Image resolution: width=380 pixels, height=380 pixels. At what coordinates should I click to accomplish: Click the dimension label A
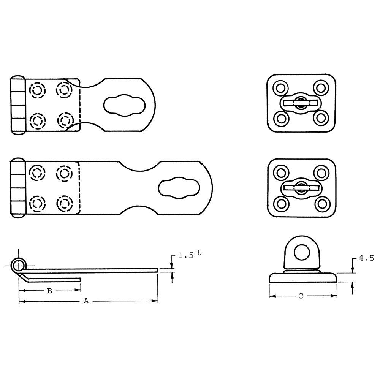(x=86, y=301)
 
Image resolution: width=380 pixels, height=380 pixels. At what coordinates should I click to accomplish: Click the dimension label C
(x=300, y=296)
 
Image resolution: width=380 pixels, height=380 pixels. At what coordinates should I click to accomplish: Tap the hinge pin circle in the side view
(x=19, y=264)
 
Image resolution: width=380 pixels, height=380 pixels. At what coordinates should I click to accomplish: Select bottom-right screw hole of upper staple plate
(x=321, y=118)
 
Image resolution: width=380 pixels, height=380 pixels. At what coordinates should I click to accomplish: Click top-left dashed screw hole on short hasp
(x=37, y=90)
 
